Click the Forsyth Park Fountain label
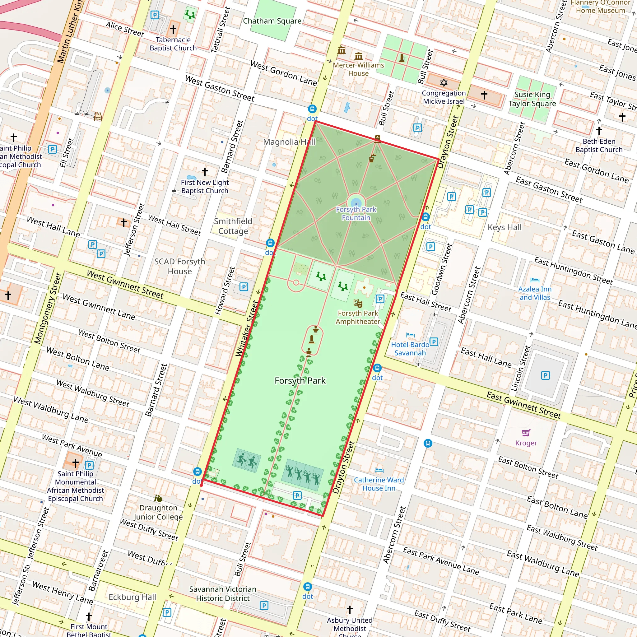click(x=356, y=213)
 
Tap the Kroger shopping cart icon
click(x=526, y=432)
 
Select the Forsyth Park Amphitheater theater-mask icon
click(x=358, y=303)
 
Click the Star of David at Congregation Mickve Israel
click(x=444, y=82)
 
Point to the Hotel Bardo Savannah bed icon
click(x=410, y=335)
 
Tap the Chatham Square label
click(x=272, y=21)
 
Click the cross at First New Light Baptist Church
click(x=205, y=171)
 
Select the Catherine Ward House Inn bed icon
click(x=379, y=470)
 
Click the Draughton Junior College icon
click(x=158, y=498)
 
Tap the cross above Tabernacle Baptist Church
click(x=173, y=29)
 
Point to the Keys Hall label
click(x=504, y=227)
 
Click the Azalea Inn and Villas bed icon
click(x=535, y=280)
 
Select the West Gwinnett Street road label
click(x=125, y=284)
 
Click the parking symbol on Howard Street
click(x=244, y=287)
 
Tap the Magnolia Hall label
click(x=289, y=142)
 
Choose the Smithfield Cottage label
click(x=233, y=226)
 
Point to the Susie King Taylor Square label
click(x=532, y=99)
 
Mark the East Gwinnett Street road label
click(x=523, y=405)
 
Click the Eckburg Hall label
click(x=132, y=597)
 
